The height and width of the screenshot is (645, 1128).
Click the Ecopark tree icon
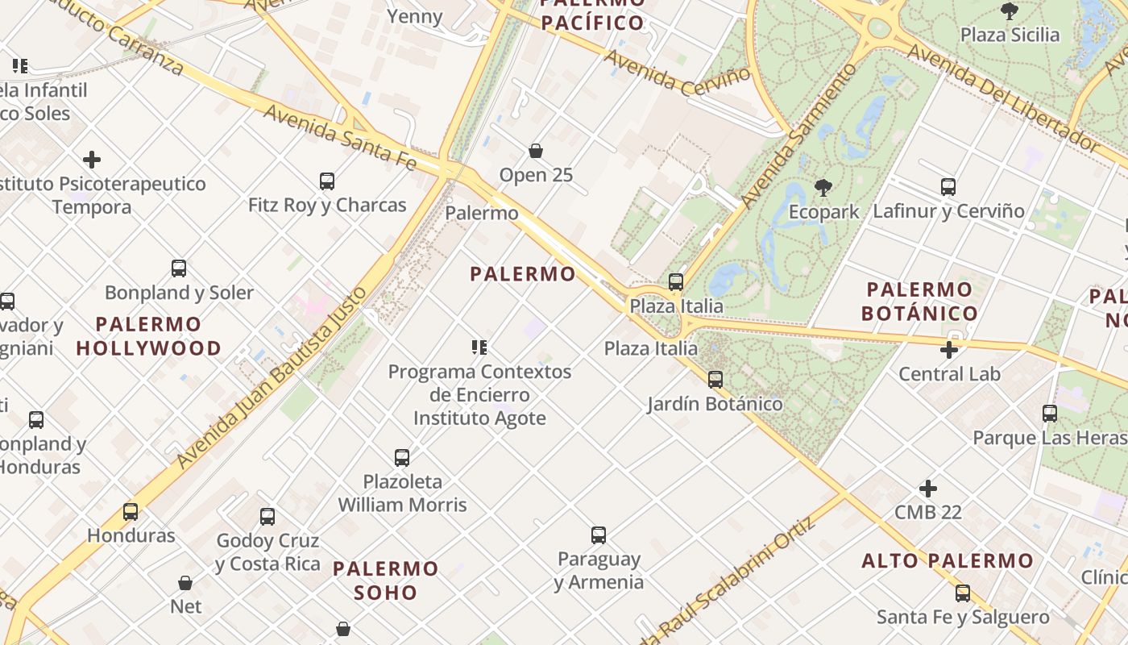[x=823, y=188]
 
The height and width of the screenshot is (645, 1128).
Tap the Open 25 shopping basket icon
[x=536, y=151]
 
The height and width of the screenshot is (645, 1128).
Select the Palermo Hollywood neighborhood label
[x=148, y=336]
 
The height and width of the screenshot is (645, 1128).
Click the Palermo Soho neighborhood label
[x=386, y=580]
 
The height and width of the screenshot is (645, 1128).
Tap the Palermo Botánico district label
[x=919, y=301]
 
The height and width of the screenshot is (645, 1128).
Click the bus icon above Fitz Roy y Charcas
[x=326, y=181]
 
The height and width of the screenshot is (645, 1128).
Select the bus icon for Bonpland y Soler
[x=179, y=268]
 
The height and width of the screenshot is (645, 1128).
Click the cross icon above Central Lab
[x=949, y=350]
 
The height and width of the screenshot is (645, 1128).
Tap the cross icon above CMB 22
[x=928, y=489]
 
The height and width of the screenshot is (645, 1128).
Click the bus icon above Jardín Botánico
[x=715, y=379]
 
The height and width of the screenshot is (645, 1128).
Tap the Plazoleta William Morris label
[x=402, y=493]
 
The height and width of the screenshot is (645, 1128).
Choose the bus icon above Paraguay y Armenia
[x=598, y=535]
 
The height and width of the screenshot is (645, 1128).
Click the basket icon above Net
[x=185, y=582]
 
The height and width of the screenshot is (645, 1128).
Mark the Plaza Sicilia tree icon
[x=1009, y=10]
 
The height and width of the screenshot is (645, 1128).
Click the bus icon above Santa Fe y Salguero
[x=963, y=593]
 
